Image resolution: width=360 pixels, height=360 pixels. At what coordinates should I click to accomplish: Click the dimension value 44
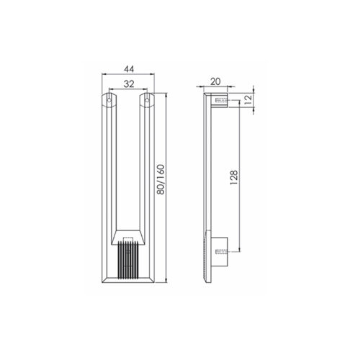pyautogui.click(x=129, y=69)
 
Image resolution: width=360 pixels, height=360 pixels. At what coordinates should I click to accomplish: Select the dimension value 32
pyautogui.click(x=129, y=84)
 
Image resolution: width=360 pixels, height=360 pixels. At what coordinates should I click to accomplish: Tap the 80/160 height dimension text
pyautogui.click(x=160, y=179)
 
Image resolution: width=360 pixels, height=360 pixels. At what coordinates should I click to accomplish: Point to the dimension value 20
pyautogui.click(x=215, y=81)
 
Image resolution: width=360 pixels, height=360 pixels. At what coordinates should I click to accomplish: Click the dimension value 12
pyautogui.click(x=248, y=99)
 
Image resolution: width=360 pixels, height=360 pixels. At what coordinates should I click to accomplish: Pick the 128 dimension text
pyautogui.click(x=234, y=177)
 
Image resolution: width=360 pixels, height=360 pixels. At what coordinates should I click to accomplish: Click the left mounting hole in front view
pyautogui.click(x=109, y=100)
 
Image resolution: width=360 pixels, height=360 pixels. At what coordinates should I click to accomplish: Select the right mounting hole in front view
pyautogui.click(x=147, y=100)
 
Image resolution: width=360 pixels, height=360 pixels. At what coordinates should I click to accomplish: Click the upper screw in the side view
pyautogui.click(x=221, y=100)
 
